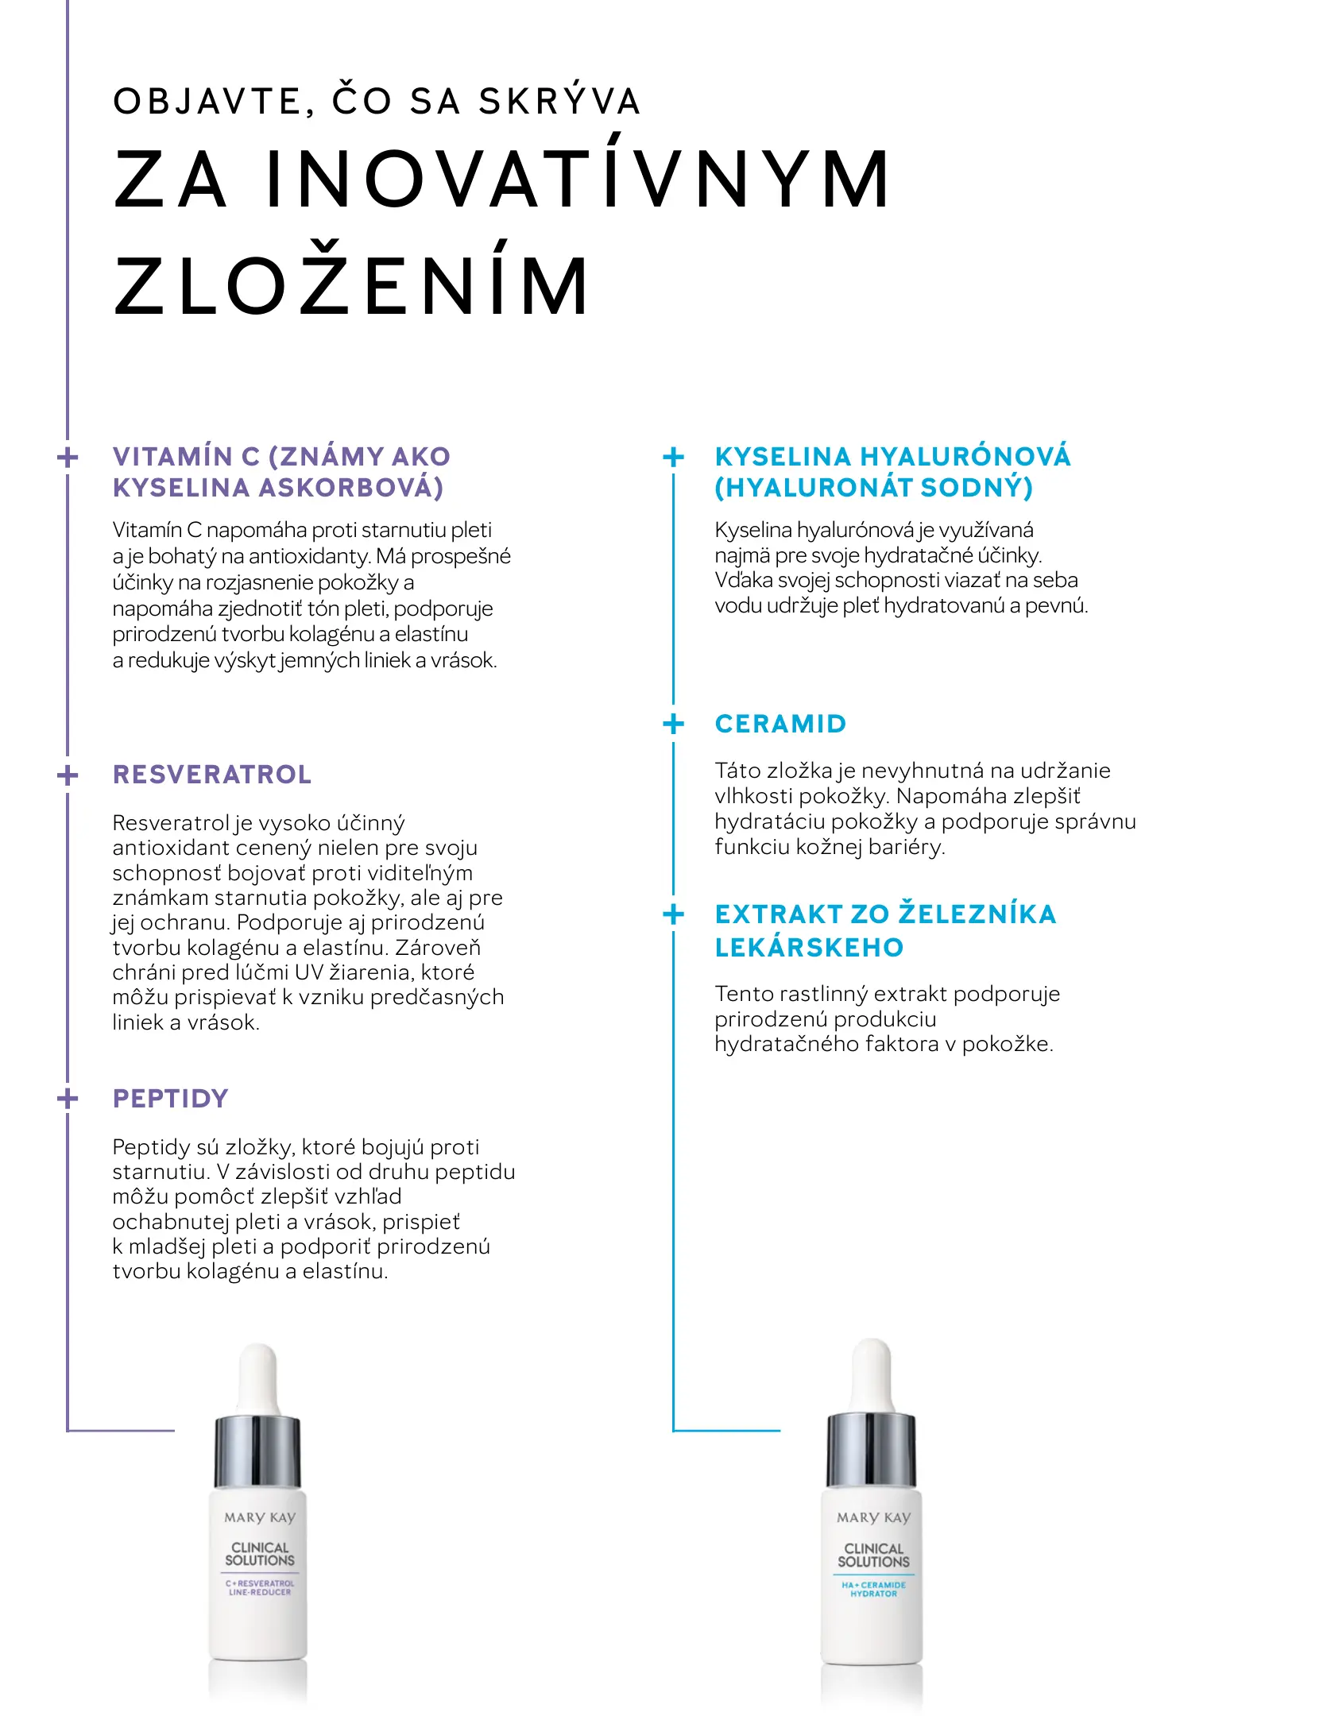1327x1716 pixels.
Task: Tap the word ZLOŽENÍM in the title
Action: point(352,286)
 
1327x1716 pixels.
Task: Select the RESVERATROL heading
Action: point(212,775)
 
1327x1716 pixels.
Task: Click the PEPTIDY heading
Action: point(171,1099)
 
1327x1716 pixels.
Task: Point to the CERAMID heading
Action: point(780,724)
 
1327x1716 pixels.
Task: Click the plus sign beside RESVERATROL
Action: point(68,775)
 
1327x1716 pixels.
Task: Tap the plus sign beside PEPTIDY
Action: point(68,1099)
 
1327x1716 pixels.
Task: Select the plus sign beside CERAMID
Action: point(673,724)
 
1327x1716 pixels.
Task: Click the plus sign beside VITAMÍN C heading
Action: point(68,457)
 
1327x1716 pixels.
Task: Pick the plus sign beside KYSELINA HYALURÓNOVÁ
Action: point(673,457)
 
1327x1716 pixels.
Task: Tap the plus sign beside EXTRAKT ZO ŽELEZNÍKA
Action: point(673,914)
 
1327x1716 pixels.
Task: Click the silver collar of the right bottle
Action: point(872,1450)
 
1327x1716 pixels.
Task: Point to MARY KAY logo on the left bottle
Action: point(259,1517)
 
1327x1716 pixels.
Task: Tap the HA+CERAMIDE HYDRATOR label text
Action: point(873,1589)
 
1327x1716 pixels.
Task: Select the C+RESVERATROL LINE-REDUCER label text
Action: point(260,1587)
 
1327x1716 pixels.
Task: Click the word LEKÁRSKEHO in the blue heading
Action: point(809,948)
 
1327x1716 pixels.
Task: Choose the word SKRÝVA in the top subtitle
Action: point(559,102)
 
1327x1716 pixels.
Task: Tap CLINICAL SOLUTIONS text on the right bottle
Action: point(873,1555)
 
